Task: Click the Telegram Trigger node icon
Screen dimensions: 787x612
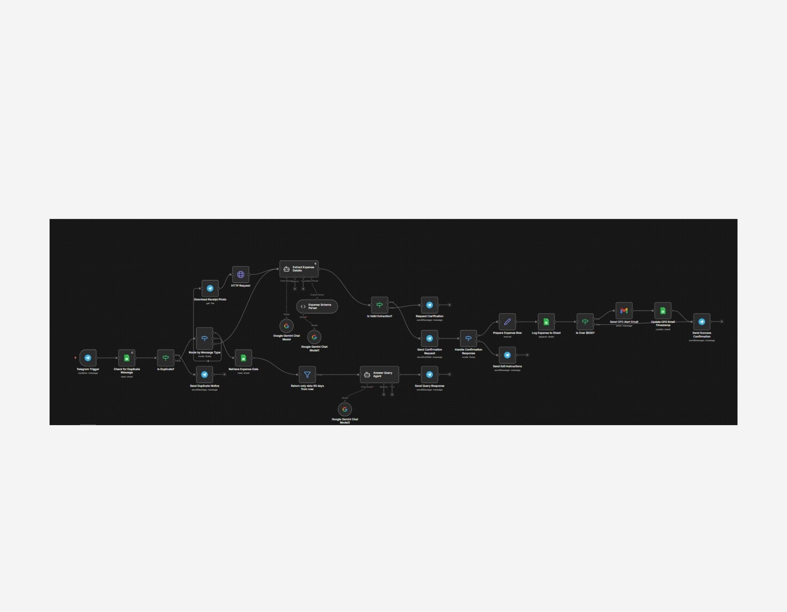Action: pos(88,358)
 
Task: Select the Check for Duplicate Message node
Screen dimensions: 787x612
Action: pos(127,358)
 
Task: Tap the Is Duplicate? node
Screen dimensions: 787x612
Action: pos(166,358)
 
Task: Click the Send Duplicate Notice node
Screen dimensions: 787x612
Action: pos(205,374)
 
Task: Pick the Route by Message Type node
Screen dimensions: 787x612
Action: pos(205,338)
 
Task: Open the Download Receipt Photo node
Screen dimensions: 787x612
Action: pos(210,288)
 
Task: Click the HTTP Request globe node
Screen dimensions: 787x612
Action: pos(241,275)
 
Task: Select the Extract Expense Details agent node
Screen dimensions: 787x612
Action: pos(299,269)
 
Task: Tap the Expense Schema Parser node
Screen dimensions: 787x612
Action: pos(317,306)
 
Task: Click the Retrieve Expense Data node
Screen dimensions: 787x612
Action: pos(244,358)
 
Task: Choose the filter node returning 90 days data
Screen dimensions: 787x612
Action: pos(307,374)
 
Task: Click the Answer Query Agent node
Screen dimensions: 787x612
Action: pos(379,374)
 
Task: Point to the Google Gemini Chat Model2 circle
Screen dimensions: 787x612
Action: pos(345,409)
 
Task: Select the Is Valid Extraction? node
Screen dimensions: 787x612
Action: pos(380,305)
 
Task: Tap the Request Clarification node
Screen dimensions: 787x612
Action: pos(429,305)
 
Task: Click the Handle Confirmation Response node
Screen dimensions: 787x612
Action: pos(468,338)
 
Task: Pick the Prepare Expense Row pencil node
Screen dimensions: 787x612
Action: pos(507,322)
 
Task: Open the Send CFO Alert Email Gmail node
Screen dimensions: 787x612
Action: pos(624,311)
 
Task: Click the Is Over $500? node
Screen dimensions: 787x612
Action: pos(585,322)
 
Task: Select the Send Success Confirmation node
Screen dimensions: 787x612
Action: pos(702,322)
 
